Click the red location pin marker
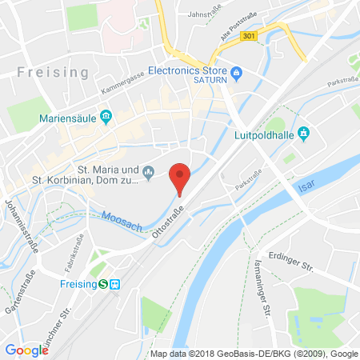(x=182, y=177)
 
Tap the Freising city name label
(x=53, y=72)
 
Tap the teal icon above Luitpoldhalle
(x=302, y=132)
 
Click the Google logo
(x=26, y=350)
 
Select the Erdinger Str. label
(x=310, y=256)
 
